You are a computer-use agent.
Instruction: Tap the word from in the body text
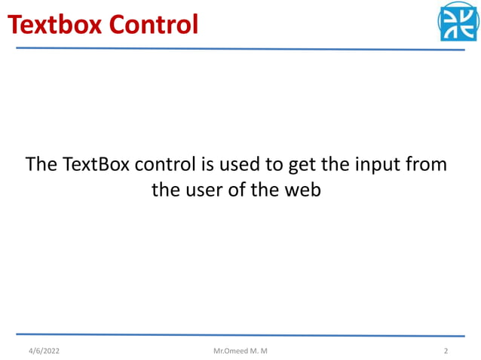pyautogui.click(x=427, y=163)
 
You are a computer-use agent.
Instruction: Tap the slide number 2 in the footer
pyautogui.click(x=446, y=350)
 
